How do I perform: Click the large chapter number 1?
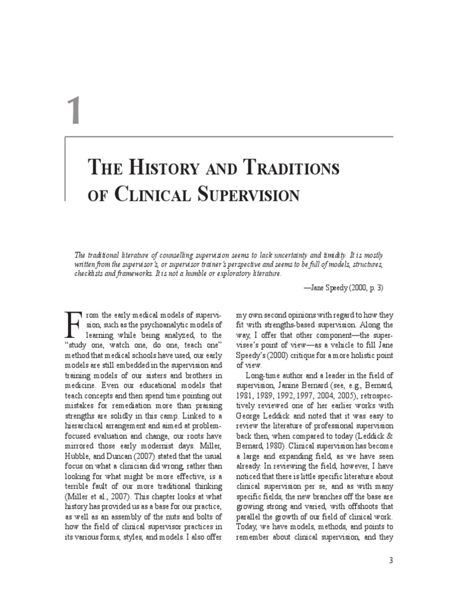[73, 112]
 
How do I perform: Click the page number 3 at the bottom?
[390, 560]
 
